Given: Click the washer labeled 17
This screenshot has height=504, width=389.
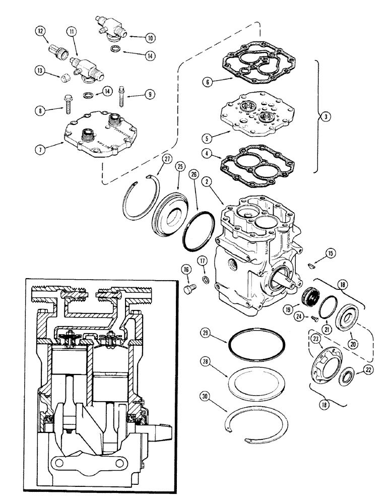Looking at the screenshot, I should [206, 280].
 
